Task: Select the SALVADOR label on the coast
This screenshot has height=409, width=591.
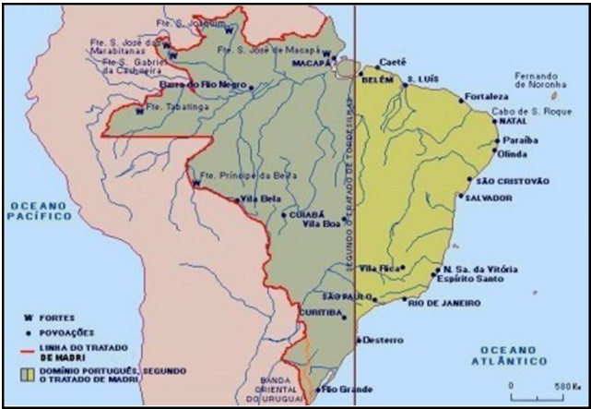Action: (x=490, y=198)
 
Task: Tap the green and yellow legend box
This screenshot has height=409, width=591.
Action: (x=29, y=374)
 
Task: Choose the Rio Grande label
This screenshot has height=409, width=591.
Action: (x=342, y=390)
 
